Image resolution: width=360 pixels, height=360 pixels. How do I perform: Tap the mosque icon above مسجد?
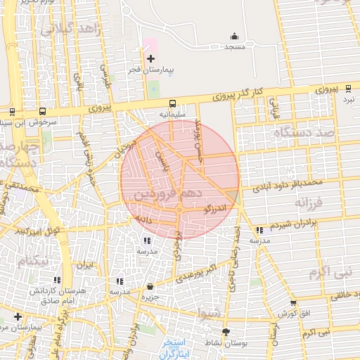[x=234, y=37]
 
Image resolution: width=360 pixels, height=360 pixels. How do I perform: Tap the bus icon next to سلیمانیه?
[x=172, y=102]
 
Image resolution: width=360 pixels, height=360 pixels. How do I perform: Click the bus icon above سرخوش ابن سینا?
[x=44, y=111]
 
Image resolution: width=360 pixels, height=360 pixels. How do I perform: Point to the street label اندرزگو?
[x=215, y=209]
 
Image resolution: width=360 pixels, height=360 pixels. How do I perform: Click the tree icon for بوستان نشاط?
[x=226, y=331]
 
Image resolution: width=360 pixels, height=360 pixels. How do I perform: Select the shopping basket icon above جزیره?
[x=150, y=286]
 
